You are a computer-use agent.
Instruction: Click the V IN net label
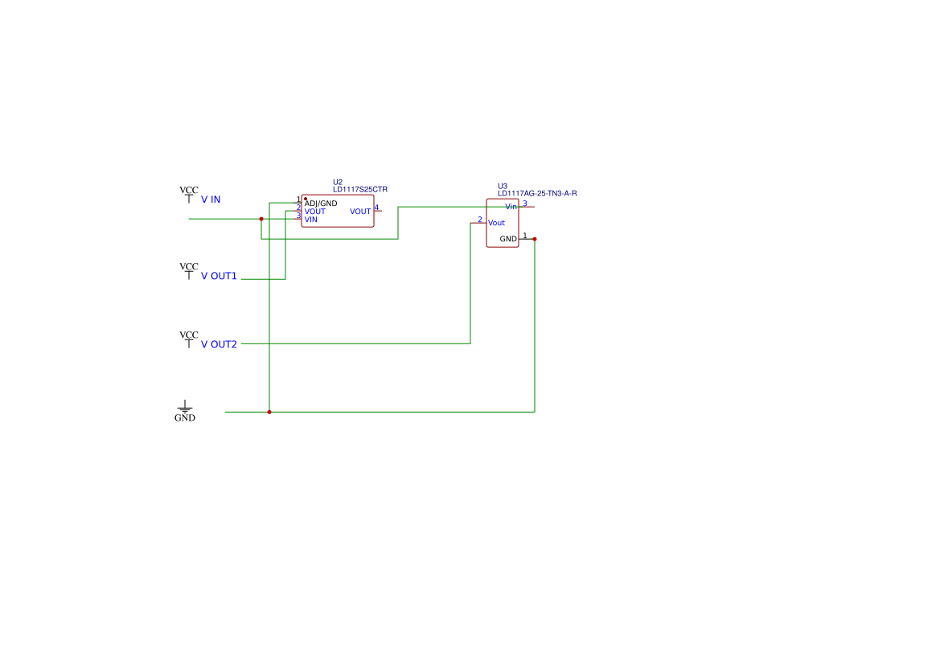pyautogui.click(x=211, y=199)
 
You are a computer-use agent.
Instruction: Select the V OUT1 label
pyautogui.click(x=219, y=277)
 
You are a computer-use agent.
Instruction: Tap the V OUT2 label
pyautogui.click(x=219, y=345)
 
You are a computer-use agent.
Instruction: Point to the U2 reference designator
pyautogui.click(x=338, y=183)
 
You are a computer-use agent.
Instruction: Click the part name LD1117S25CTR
pyautogui.click(x=360, y=190)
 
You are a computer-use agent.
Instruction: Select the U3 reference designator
pyautogui.click(x=503, y=187)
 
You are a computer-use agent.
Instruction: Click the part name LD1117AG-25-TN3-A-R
pyautogui.click(x=537, y=194)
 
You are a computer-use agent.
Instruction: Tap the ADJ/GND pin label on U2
pyautogui.click(x=321, y=203)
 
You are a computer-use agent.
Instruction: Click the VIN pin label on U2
pyautogui.click(x=310, y=220)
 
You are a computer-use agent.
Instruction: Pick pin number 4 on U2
pyautogui.click(x=376, y=208)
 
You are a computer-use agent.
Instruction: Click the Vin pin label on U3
pyautogui.click(x=511, y=207)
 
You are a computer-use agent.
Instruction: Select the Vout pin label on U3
pyautogui.click(x=496, y=223)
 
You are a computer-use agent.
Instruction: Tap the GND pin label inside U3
pyautogui.click(x=508, y=239)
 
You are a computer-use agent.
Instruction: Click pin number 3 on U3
pyautogui.click(x=525, y=203)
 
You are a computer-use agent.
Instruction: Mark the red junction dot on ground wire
pyautogui.click(x=269, y=413)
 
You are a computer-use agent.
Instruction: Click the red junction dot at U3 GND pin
pyautogui.click(x=535, y=239)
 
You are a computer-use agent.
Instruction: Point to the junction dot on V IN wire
pyautogui.click(x=261, y=219)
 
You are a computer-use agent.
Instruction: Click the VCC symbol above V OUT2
pyautogui.click(x=189, y=339)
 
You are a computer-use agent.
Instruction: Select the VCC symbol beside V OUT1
pyautogui.click(x=189, y=271)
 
